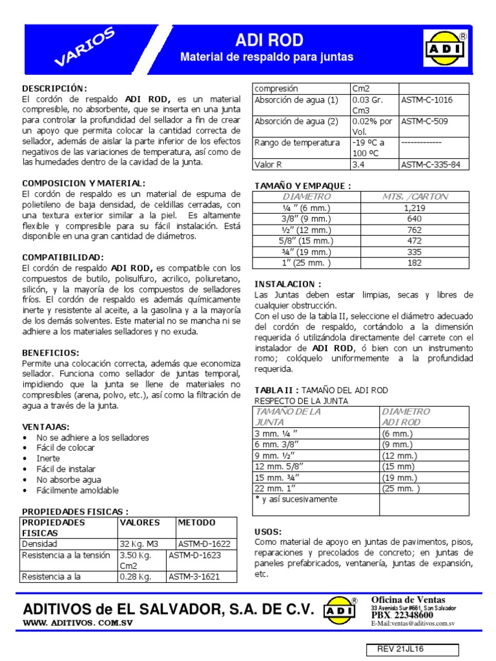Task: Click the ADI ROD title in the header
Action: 269,40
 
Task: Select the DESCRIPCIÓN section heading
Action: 54,88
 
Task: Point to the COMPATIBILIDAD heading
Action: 63,257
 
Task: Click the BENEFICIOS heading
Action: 50,353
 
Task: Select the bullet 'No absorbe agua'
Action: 70,480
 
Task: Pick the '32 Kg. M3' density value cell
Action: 137,544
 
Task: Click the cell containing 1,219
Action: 414,207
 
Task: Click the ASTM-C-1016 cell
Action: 427,100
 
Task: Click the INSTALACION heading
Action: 287,284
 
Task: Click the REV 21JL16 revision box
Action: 413,649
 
